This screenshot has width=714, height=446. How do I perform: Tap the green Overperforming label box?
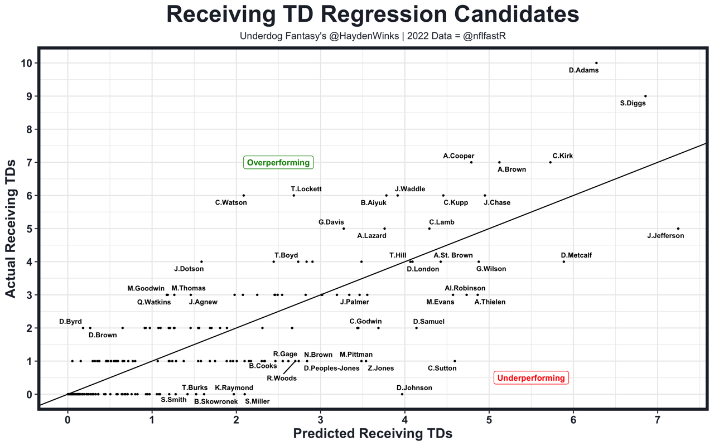278,163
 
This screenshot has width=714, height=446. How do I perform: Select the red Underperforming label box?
531,378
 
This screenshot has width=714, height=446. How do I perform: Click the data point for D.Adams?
596,63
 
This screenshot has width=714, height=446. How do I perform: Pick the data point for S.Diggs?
645,96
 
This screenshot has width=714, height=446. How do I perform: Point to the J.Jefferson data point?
678,229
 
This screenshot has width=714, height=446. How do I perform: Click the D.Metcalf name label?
576,255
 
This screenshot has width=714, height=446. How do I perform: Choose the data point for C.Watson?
244,196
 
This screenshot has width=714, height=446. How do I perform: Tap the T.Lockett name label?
306,189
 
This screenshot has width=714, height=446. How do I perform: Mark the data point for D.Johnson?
402,394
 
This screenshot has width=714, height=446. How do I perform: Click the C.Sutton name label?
442,368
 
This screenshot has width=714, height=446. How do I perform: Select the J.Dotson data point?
201,261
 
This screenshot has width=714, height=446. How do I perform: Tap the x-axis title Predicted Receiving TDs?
372,434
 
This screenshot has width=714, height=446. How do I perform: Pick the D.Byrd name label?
71,322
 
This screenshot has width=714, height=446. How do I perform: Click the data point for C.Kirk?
551,162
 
